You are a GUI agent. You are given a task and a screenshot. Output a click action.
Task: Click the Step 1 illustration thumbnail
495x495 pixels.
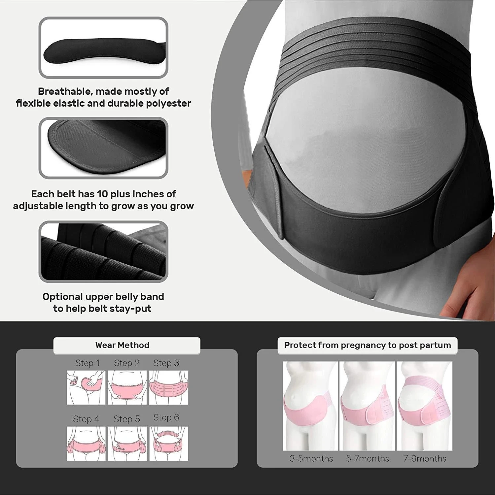86,387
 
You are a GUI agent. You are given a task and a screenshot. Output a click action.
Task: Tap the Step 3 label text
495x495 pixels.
166,363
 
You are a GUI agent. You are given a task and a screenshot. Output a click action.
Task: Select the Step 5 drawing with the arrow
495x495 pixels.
127,444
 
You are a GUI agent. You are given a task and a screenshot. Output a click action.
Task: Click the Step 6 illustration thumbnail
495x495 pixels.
169,444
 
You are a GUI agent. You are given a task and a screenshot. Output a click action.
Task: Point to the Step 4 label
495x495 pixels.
86,419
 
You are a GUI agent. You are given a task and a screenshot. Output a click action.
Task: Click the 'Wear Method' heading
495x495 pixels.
122,345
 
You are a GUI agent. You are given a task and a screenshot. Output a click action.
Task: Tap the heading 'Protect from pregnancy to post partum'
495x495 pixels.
367,345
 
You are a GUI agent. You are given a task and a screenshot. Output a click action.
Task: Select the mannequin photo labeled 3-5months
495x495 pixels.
310,406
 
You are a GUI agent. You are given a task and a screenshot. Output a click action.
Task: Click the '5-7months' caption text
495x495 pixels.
367,458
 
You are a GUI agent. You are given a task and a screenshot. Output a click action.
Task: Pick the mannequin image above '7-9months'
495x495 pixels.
424,406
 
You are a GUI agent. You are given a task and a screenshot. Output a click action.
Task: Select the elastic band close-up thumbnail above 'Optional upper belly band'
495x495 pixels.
103,251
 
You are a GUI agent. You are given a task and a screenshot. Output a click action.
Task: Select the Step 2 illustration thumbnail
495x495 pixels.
127,387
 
